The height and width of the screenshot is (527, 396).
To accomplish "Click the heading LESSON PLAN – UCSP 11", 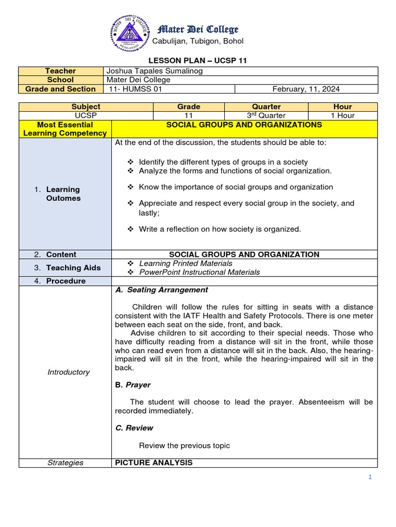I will click(x=198, y=61).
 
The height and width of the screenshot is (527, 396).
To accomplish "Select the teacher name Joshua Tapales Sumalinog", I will click(x=154, y=71).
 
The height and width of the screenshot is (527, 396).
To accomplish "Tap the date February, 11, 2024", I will click(x=306, y=89).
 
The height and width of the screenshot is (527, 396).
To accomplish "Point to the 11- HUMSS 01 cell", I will click(x=135, y=89).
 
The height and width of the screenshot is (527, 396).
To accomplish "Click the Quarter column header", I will click(x=266, y=107).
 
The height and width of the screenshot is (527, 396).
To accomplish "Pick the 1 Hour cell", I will click(x=342, y=115).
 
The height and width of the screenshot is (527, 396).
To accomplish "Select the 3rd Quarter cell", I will click(x=266, y=115).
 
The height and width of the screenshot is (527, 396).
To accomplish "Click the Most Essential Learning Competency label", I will click(x=65, y=129).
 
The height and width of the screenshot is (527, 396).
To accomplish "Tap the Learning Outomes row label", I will click(x=63, y=194).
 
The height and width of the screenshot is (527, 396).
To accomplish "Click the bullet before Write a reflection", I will click(x=130, y=229).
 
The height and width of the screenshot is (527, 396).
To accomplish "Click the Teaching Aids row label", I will click(x=67, y=268).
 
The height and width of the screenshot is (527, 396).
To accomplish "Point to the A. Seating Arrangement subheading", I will click(x=162, y=290).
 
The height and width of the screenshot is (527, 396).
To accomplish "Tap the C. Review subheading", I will click(x=134, y=428).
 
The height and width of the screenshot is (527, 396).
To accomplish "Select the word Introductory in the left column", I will click(x=69, y=372).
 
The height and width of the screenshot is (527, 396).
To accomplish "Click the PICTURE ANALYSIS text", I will click(x=154, y=463).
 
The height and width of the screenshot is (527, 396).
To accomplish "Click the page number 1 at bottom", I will click(x=370, y=477).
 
